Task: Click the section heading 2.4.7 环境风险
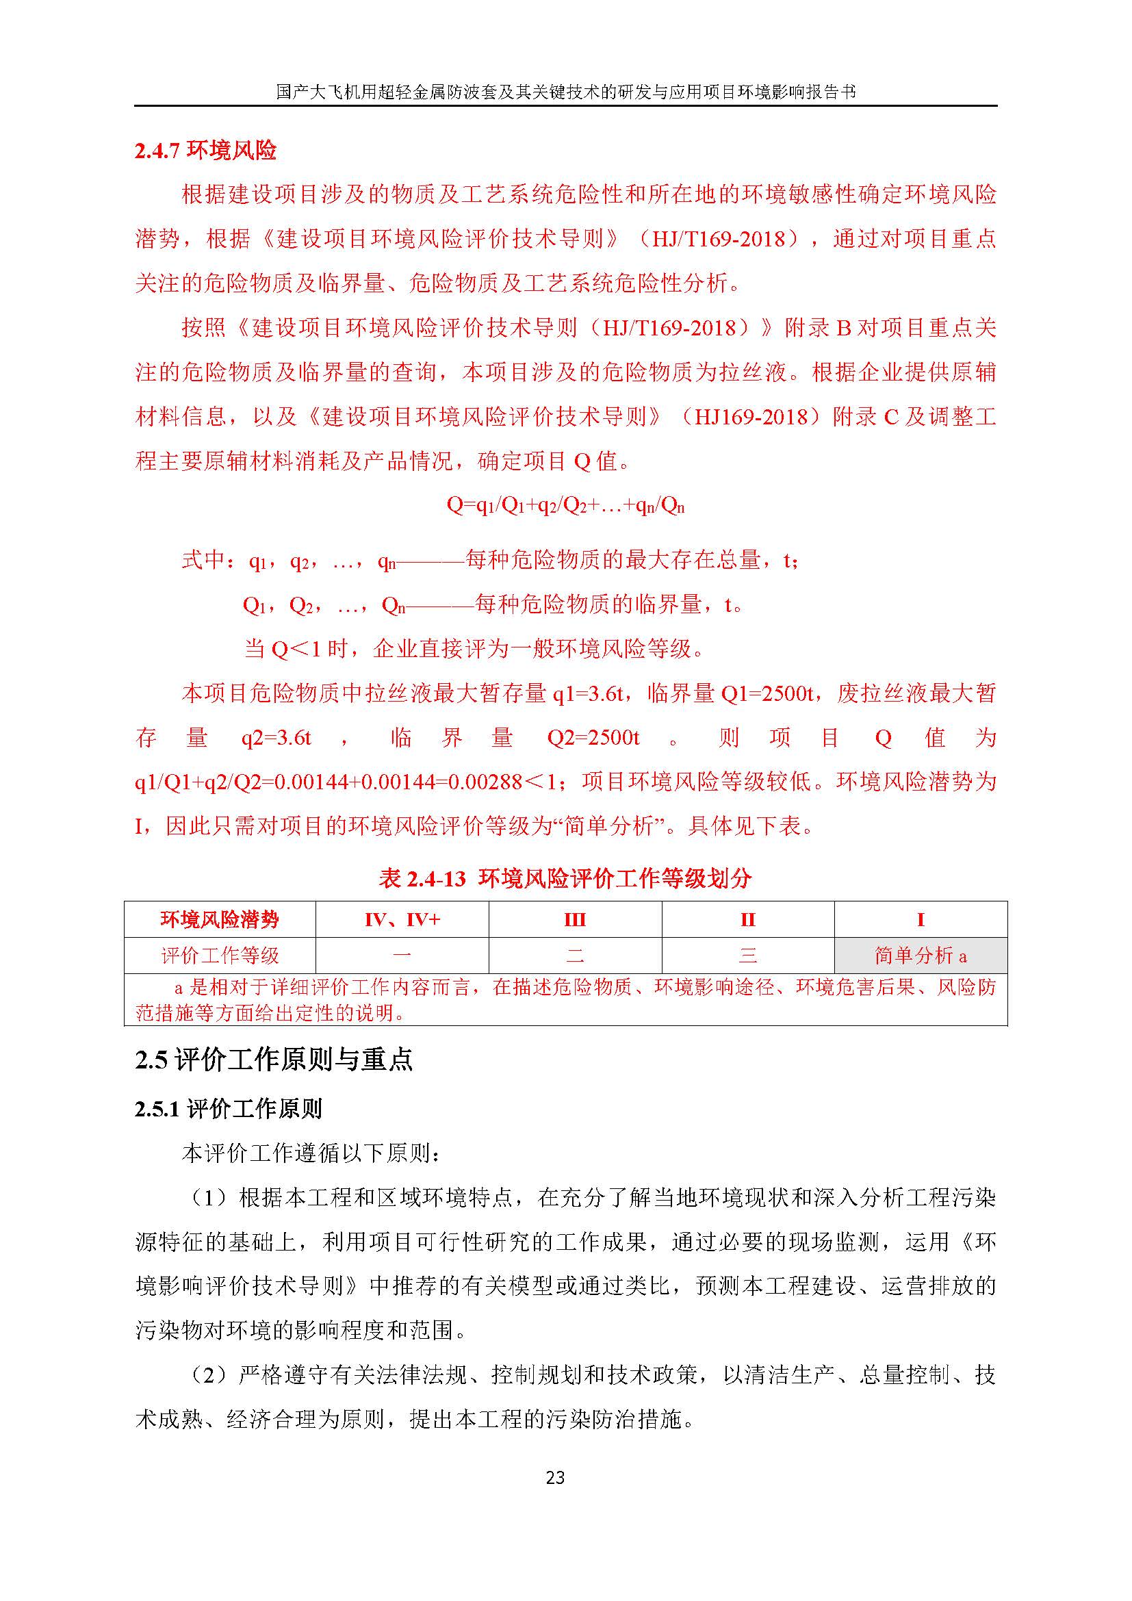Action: point(205,150)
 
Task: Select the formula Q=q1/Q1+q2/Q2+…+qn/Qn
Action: point(565,506)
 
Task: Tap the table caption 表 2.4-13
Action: point(422,879)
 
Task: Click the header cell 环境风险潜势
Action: point(220,920)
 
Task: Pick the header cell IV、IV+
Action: point(402,920)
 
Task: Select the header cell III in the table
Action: point(575,920)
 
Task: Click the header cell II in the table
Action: point(748,920)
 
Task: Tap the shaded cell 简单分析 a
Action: point(920,956)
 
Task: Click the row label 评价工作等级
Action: point(220,956)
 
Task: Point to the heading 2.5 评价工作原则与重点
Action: point(274,1060)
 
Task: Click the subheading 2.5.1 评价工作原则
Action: point(229,1109)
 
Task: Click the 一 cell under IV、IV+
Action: point(402,956)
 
